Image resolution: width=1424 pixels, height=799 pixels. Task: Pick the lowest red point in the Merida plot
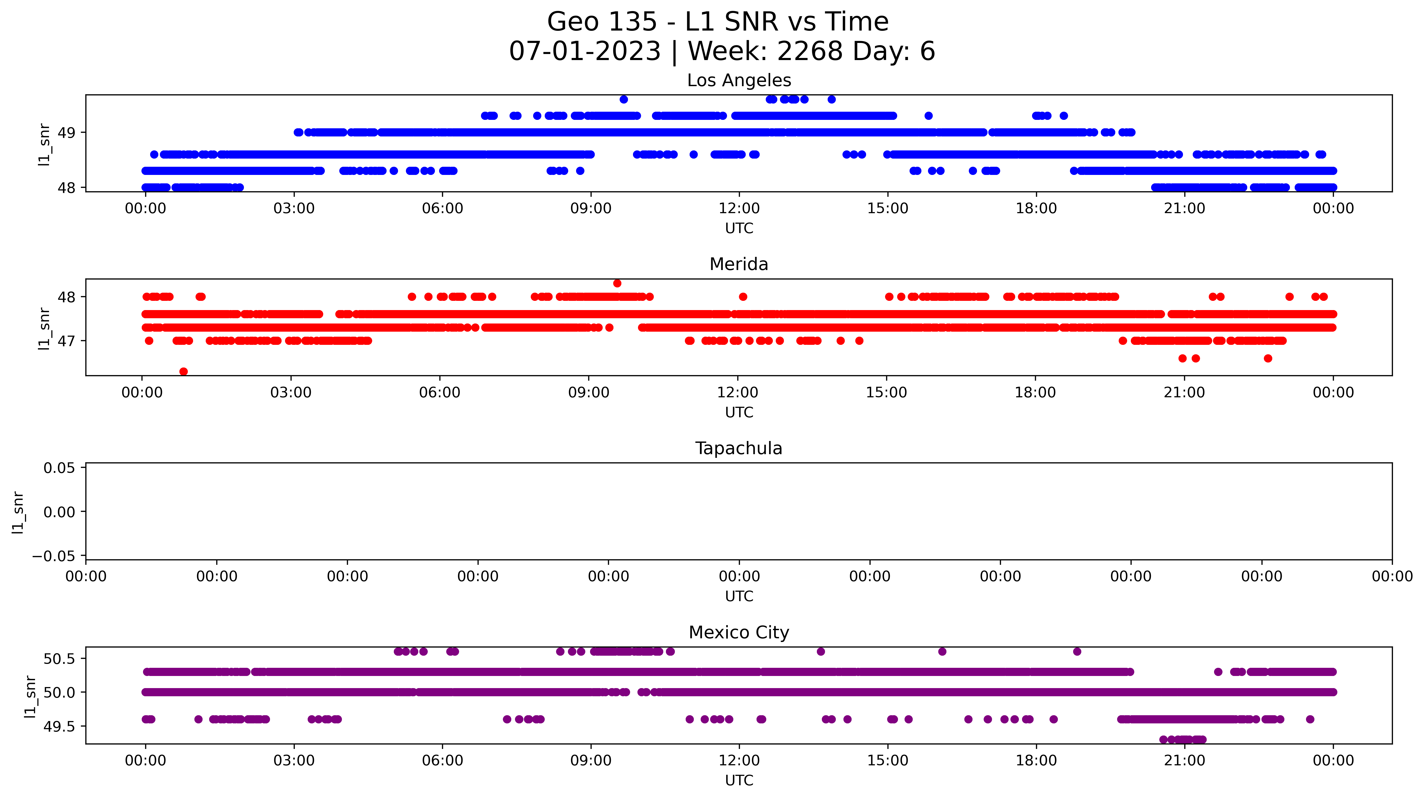[184, 372]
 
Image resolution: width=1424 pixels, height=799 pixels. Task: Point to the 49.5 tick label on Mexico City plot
[59, 727]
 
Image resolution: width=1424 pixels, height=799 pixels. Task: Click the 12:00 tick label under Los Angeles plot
[739, 208]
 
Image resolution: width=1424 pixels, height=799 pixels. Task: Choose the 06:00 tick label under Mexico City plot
[442, 760]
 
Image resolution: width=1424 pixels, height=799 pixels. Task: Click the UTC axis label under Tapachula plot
[739, 596]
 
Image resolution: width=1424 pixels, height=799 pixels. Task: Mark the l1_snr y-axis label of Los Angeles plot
[44, 144]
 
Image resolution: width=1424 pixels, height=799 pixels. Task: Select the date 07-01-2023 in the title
[585, 51]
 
